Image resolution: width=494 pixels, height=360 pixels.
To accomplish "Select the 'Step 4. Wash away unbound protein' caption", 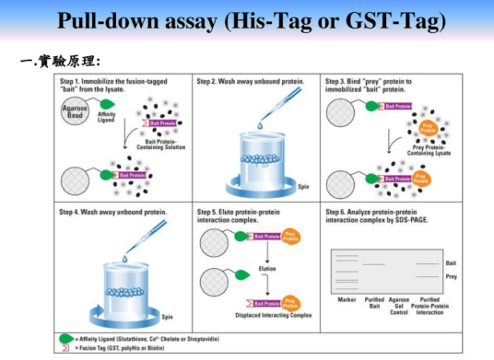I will click(x=113, y=212).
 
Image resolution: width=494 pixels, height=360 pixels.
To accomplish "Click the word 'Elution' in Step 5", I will click(x=267, y=268).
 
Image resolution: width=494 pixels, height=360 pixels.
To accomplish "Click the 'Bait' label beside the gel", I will click(x=451, y=263).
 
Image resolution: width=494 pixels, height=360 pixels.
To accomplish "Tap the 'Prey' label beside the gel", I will click(x=451, y=276).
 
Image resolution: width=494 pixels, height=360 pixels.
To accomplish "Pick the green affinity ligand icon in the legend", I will click(x=65, y=339).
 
